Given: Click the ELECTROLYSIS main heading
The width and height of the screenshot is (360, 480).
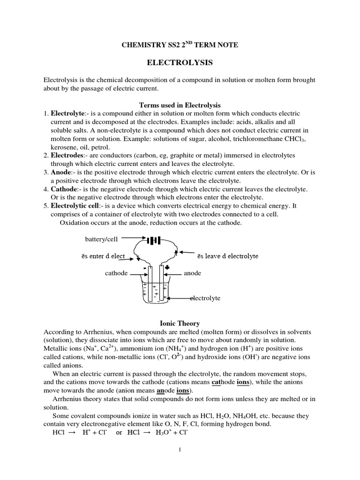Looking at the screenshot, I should pos(180,62).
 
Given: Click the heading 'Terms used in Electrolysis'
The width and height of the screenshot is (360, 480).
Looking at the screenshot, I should pos(180,105).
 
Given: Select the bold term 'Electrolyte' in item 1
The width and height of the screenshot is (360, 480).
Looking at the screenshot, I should pos(67,114).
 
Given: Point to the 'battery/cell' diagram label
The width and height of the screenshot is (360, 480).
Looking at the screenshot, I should pos(101,239).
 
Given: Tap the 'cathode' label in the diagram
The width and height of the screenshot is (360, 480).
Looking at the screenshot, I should pos(116,273).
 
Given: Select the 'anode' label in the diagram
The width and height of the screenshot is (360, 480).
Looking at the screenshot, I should pos(192,273).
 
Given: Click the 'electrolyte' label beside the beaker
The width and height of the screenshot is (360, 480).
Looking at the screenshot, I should pos(205,298).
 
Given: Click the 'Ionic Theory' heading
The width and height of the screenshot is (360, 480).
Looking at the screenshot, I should pos(180,323).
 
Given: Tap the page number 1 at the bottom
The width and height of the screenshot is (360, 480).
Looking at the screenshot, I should pos(180,450).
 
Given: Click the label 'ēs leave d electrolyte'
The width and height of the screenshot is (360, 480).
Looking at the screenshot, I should pos(227,256).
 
